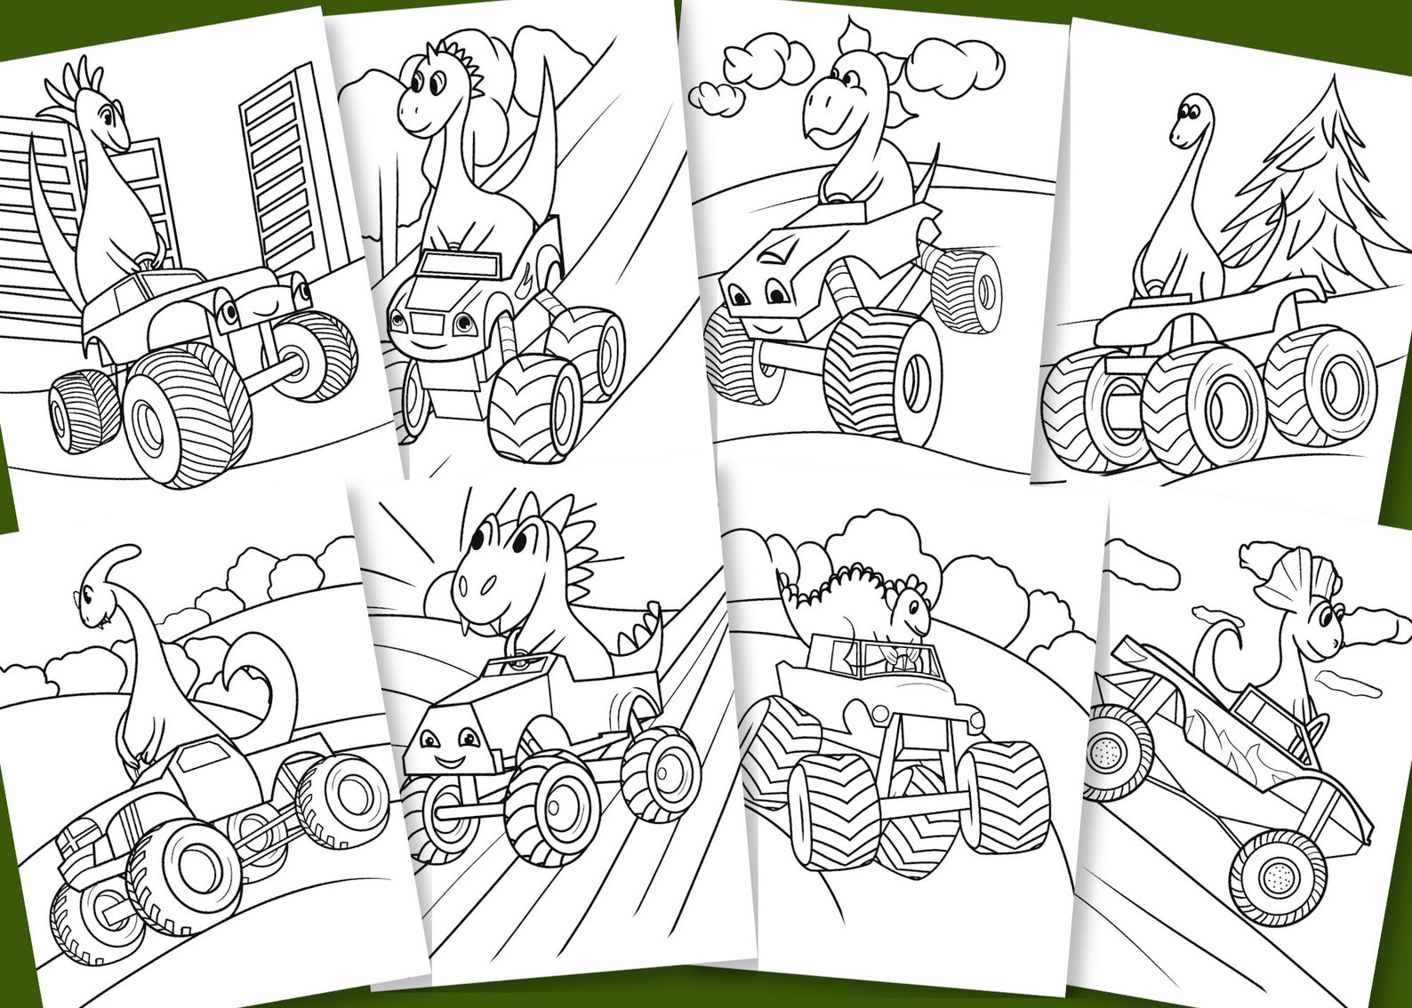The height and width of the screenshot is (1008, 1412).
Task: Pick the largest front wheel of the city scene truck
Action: pyautogui.click(x=187, y=413)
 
